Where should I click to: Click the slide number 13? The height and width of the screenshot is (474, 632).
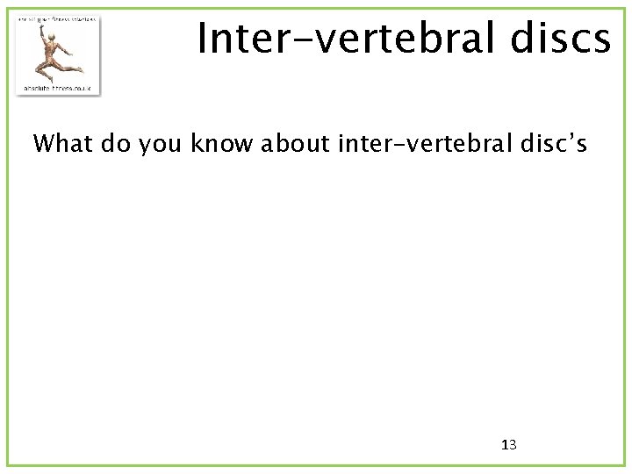click(508, 445)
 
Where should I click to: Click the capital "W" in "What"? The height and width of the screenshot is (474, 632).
click(44, 142)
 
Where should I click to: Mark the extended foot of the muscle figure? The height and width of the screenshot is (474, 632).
click(80, 68)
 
